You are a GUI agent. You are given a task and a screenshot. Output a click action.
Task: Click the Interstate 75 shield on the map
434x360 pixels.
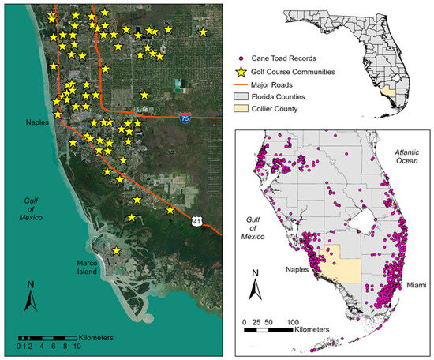pos(184,115)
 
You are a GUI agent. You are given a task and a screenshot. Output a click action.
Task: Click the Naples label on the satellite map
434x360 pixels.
pos(35,123)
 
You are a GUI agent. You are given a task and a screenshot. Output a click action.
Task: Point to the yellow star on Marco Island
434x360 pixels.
pos(116,250)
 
